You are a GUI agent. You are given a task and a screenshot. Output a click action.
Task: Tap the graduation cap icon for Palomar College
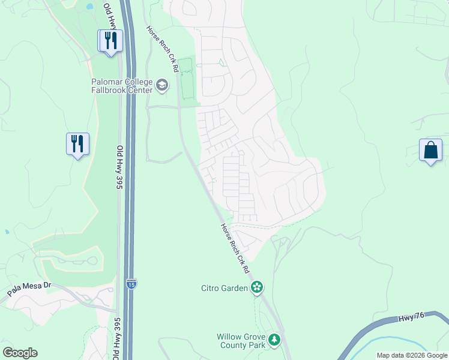161,86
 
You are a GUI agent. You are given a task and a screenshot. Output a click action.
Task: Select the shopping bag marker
431,151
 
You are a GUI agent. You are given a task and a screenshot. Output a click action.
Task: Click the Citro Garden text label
224,288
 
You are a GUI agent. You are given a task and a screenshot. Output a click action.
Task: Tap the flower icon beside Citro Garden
257,287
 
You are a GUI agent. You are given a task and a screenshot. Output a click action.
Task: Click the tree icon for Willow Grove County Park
274,340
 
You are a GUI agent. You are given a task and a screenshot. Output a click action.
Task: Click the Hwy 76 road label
411,319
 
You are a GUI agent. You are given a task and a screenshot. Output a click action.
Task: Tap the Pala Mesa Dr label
28,290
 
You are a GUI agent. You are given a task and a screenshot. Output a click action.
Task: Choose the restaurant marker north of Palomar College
110,41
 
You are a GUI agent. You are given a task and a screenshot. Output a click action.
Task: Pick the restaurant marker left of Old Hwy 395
77,144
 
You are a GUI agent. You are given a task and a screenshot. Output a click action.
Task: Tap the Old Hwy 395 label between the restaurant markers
119,168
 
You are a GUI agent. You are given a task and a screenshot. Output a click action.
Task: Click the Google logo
20,353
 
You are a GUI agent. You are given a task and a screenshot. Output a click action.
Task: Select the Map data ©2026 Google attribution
412,355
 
